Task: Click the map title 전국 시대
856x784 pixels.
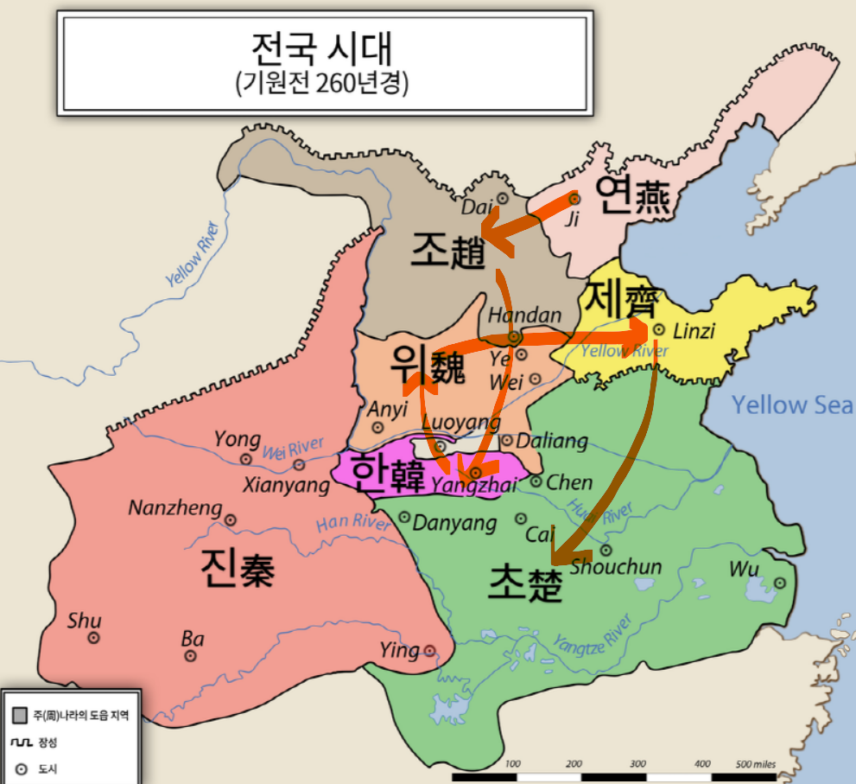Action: (x=326, y=50)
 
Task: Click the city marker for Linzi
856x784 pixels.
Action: (x=658, y=329)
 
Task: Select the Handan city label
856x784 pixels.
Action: (x=524, y=316)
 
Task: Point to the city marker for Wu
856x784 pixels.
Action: (x=780, y=583)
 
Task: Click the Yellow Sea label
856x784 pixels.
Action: (x=792, y=405)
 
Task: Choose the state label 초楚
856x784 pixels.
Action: (x=525, y=583)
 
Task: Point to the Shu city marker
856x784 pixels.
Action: (x=93, y=638)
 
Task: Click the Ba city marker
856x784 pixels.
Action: (x=191, y=656)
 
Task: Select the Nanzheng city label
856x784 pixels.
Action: (x=175, y=507)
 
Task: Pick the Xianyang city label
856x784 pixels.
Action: (x=286, y=485)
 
